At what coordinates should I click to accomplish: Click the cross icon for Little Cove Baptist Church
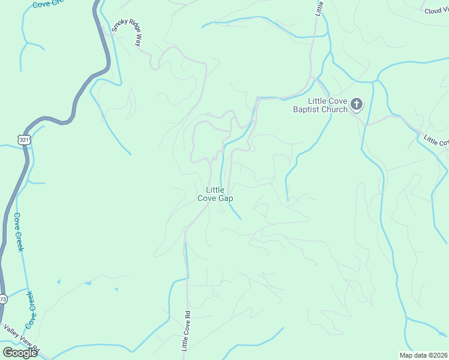(357, 105)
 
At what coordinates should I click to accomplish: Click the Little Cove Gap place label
(215, 194)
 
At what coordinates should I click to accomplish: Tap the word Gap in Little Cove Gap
(226, 198)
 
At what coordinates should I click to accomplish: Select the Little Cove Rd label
(185, 331)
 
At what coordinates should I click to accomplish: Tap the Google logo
(20, 352)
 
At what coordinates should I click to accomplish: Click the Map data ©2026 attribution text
(423, 355)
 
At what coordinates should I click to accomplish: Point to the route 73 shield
(2, 299)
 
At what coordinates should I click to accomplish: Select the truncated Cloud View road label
(436, 11)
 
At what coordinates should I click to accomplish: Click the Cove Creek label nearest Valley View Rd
(29, 310)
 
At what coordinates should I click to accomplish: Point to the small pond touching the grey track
(88, 283)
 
